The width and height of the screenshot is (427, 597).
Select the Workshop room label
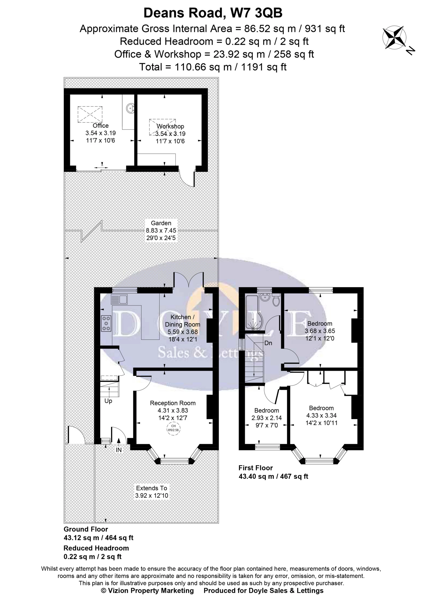coord(170,126)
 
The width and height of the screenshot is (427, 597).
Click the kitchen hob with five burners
coord(106,323)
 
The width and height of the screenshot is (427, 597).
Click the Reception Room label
coord(173,403)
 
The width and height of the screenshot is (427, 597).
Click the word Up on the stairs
coord(108,401)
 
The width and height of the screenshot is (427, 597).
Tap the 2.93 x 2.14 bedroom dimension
coord(267,418)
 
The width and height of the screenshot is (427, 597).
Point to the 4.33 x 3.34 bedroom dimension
coord(321,416)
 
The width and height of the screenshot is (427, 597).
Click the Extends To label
coord(151,488)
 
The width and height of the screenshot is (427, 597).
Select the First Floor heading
coord(256,468)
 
